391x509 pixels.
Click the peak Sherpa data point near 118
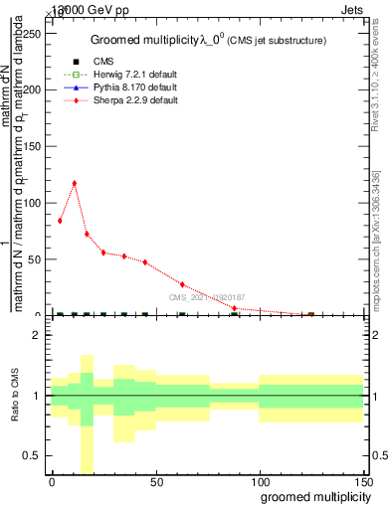(x=75, y=183)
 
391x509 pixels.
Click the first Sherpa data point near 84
(x=60, y=221)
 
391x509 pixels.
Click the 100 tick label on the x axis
(x=259, y=481)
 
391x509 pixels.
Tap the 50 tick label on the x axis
(x=155, y=481)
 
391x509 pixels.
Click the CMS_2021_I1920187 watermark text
(x=206, y=297)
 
